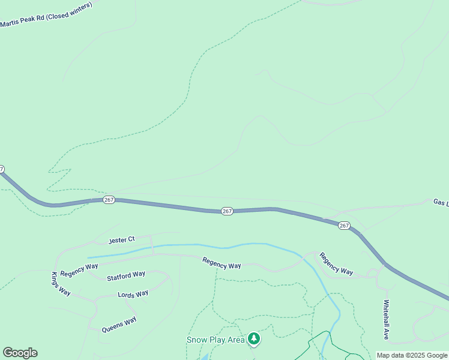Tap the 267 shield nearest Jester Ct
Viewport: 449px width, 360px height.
click(109, 200)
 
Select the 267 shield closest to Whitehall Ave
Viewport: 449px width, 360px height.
click(343, 225)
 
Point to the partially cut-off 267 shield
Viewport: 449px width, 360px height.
click(2, 169)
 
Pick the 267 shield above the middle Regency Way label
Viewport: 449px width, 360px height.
click(227, 211)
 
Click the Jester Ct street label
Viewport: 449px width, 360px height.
click(121, 240)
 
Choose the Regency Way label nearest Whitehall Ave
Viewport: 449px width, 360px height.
click(336, 263)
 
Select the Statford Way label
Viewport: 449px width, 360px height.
click(126, 275)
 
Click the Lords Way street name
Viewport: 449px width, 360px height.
click(133, 294)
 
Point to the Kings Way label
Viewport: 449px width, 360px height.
click(61, 284)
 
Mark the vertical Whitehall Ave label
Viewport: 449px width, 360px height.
click(387, 320)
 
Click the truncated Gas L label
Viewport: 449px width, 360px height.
click(441, 203)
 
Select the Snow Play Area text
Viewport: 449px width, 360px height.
click(215, 340)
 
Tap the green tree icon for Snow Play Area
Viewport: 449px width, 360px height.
click(255, 339)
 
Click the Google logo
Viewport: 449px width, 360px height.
click(20, 353)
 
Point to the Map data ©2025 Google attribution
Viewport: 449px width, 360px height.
click(412, 355)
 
